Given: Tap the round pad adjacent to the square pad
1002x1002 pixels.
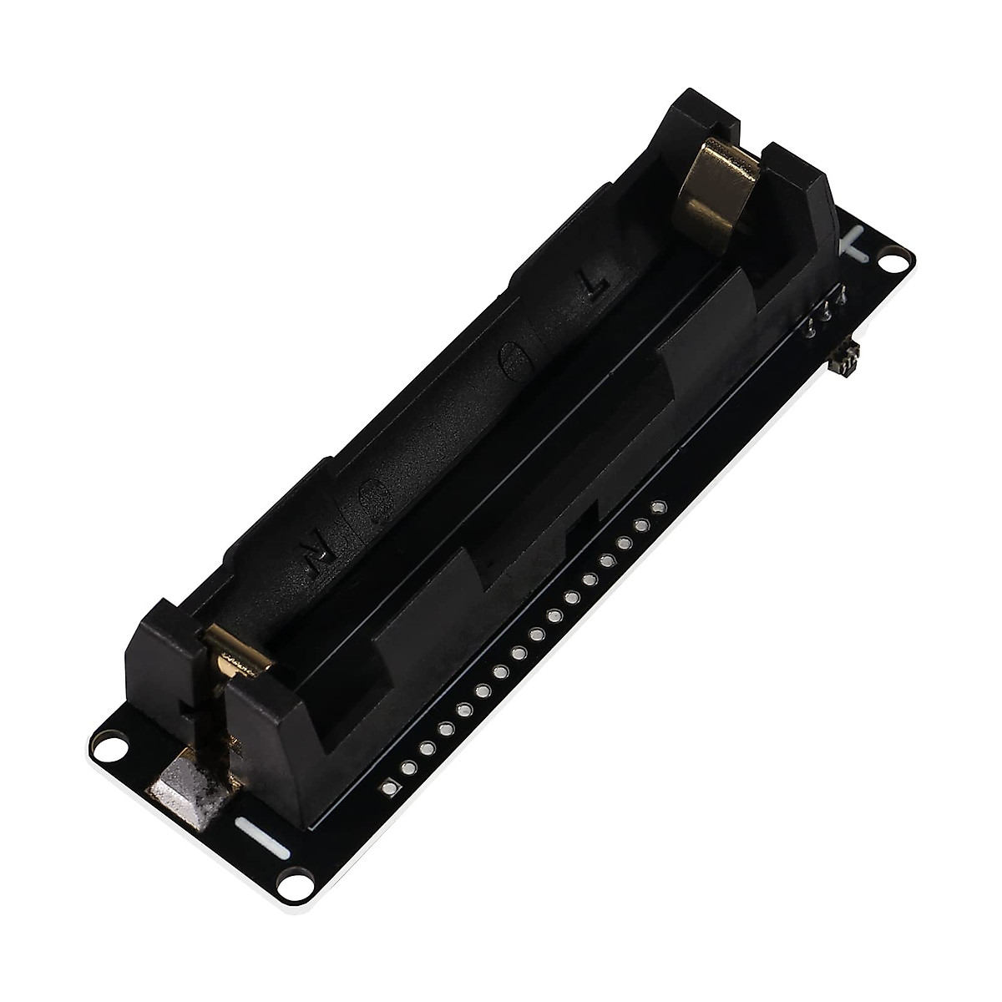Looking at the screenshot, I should pyautogui.click(x=407, y=765).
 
